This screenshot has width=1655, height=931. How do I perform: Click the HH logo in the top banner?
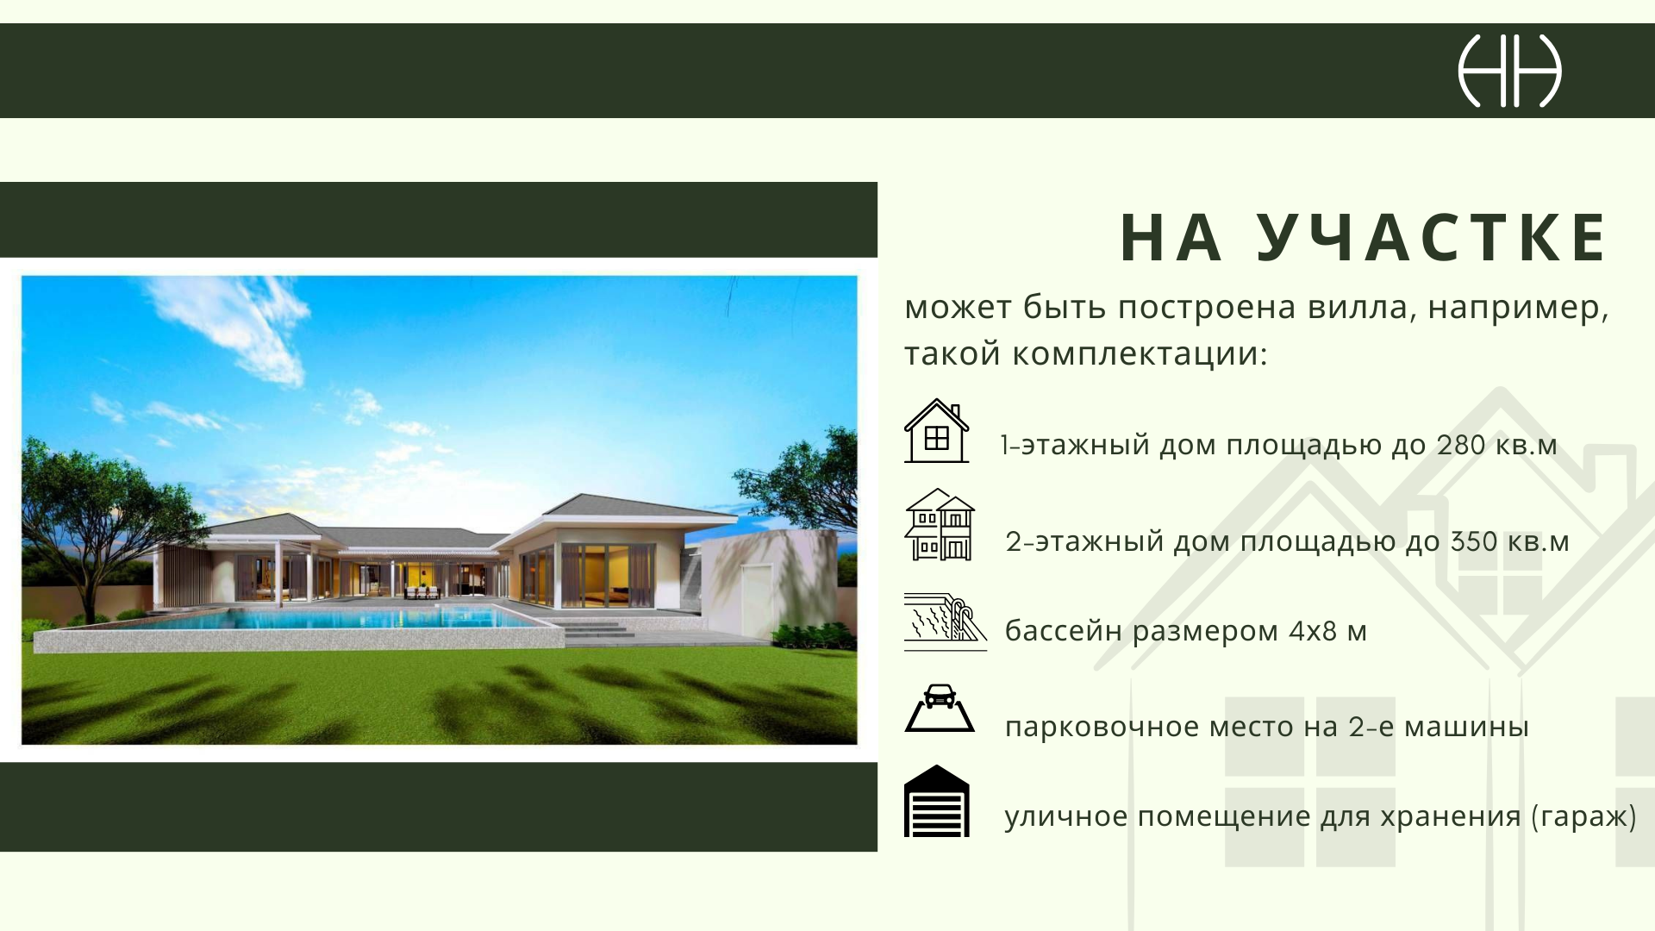[1509, 71]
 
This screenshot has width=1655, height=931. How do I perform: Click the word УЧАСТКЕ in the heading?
[1432, 237]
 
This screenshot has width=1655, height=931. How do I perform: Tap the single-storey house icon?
[936, 431]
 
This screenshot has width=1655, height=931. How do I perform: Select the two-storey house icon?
[940, 524]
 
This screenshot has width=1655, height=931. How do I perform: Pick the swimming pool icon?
[945, 622]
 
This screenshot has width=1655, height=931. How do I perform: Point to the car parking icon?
[940, 709]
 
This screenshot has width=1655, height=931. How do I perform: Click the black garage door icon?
[937, 801]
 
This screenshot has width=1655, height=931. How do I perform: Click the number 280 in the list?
[1461, 445]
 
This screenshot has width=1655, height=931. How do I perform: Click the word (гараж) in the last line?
[1583, 816]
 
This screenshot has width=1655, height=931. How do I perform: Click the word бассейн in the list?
[1064, 631]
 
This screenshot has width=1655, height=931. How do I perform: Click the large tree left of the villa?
[95, 517]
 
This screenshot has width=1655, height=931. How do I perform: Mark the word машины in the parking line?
[1467, 728]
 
